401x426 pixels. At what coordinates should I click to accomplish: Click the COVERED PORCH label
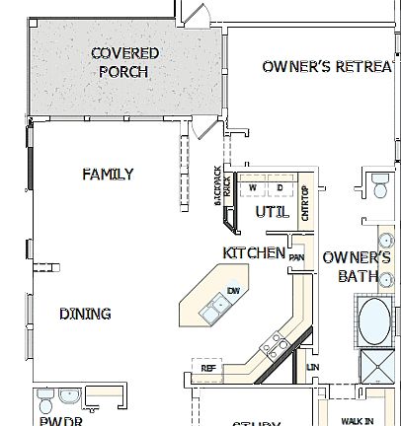point(124,62)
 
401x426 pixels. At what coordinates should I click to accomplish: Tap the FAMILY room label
point(108,175)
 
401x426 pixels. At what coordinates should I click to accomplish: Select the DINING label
point(85,314)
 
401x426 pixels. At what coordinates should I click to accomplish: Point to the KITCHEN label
point(254,253)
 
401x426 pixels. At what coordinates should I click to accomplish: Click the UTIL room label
point(272,212)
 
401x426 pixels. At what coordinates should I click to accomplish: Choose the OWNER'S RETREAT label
point(330,67)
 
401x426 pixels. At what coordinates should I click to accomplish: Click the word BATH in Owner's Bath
point(358,276)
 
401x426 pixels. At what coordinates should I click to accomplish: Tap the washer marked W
point(253,186)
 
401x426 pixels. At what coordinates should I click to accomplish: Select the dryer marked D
point(279,186)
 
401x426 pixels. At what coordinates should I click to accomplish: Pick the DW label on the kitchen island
point(234,290)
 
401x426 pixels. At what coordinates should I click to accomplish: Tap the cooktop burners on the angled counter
point(277,344)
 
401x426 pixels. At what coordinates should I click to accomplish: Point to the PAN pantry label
point(296,258)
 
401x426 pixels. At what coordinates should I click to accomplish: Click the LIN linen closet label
point(314,368)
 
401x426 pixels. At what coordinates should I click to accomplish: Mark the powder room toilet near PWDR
point(45,401)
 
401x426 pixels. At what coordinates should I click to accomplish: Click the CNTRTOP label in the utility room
point(305,202)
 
